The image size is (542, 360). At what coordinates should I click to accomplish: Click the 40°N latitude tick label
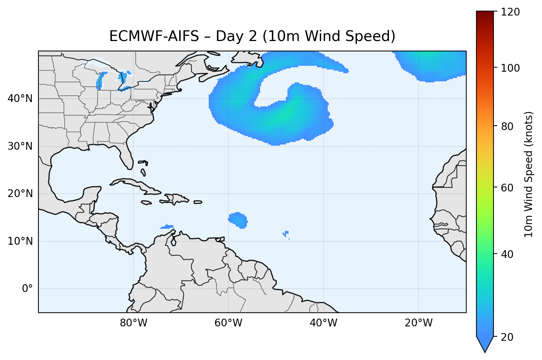(x=20, y=99)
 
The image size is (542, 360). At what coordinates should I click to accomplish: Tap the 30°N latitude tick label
(x=20, y=146)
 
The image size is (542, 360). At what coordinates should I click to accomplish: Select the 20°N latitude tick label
(x=20, y=194)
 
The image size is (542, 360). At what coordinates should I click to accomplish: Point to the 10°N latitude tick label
(x=20, y=241)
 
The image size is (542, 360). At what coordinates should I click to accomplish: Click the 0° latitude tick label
(x=27, y=289)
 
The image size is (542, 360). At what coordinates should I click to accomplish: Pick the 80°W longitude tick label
(x=134, y=323)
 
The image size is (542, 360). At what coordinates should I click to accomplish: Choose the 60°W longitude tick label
(x=228, y=323)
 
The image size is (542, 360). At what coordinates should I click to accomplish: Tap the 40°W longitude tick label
(x=323, y=323)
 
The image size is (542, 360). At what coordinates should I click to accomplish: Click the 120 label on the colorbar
(x=511, y=12)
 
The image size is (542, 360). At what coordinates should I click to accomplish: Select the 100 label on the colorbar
(x=511, y=68)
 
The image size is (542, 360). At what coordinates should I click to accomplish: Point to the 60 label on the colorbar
(x=508, y=188)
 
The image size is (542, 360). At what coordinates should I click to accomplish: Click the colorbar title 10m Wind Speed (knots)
(x=529, y=174)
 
